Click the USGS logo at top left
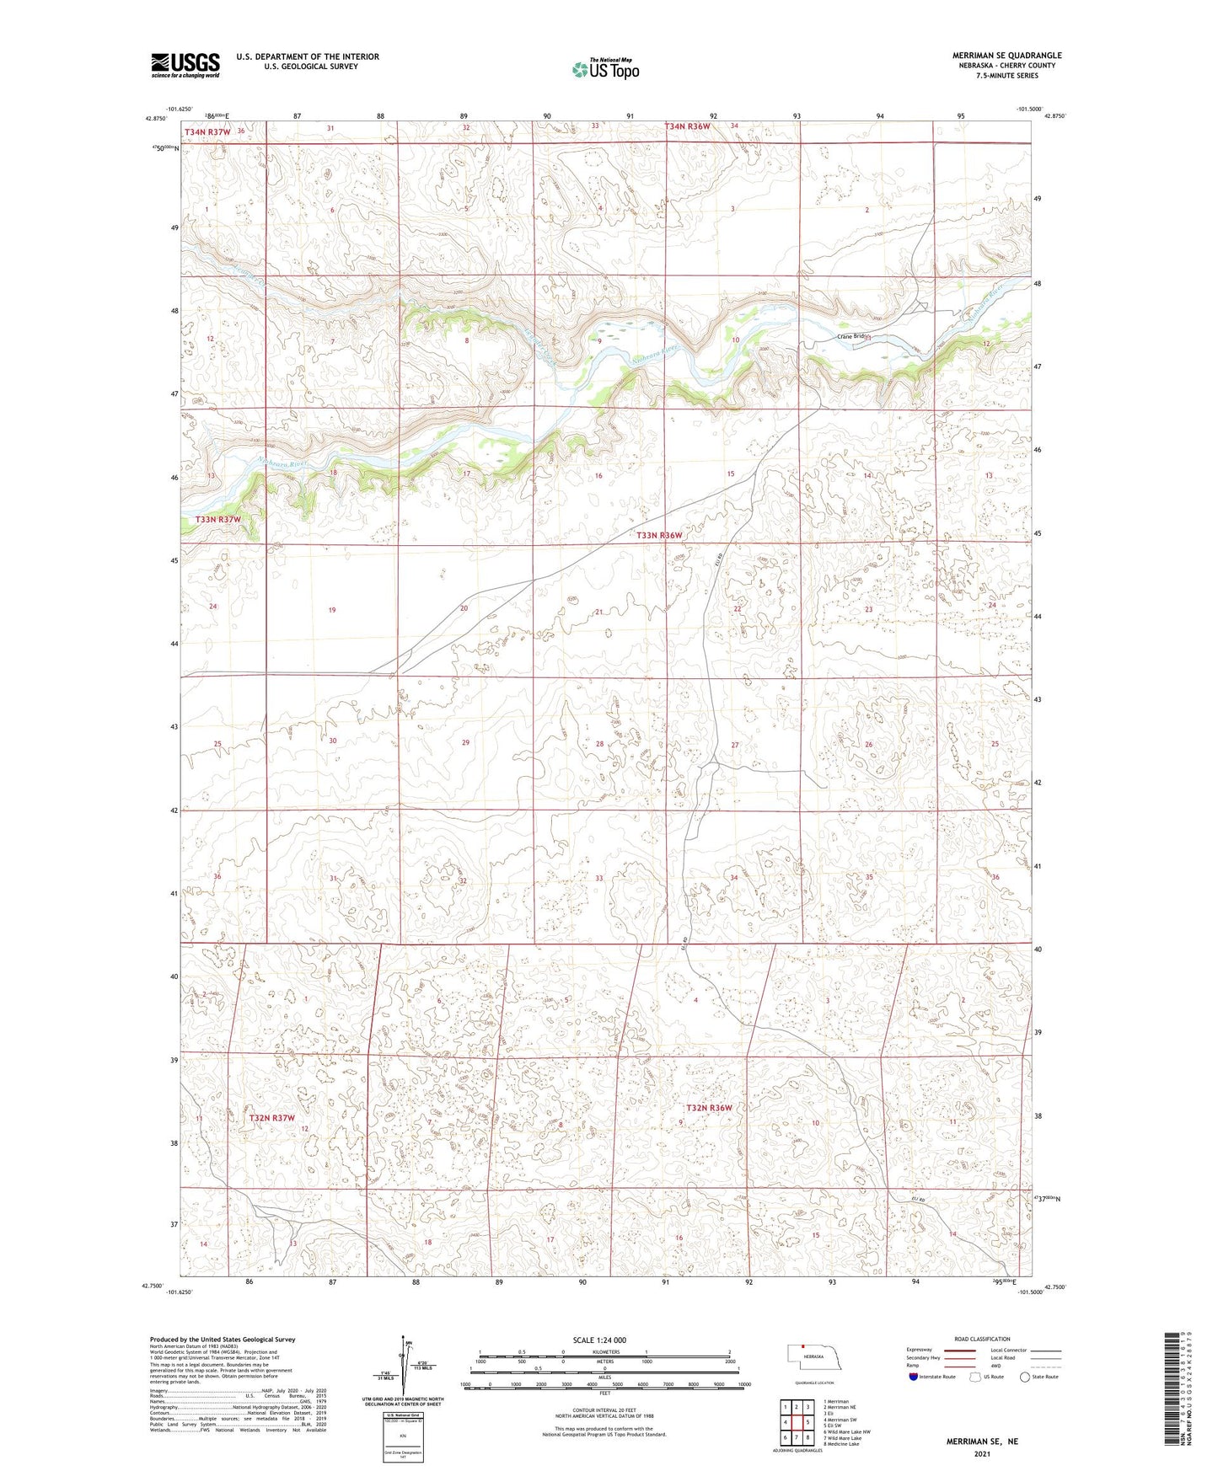(185, 65)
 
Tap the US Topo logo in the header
(604, 69)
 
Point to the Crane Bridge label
(852, 336)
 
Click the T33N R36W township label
(658, 535)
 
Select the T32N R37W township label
(272, 1118)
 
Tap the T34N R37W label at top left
(207, 132)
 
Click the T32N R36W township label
(708, 1108)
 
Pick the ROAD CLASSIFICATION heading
(983, 1339)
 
